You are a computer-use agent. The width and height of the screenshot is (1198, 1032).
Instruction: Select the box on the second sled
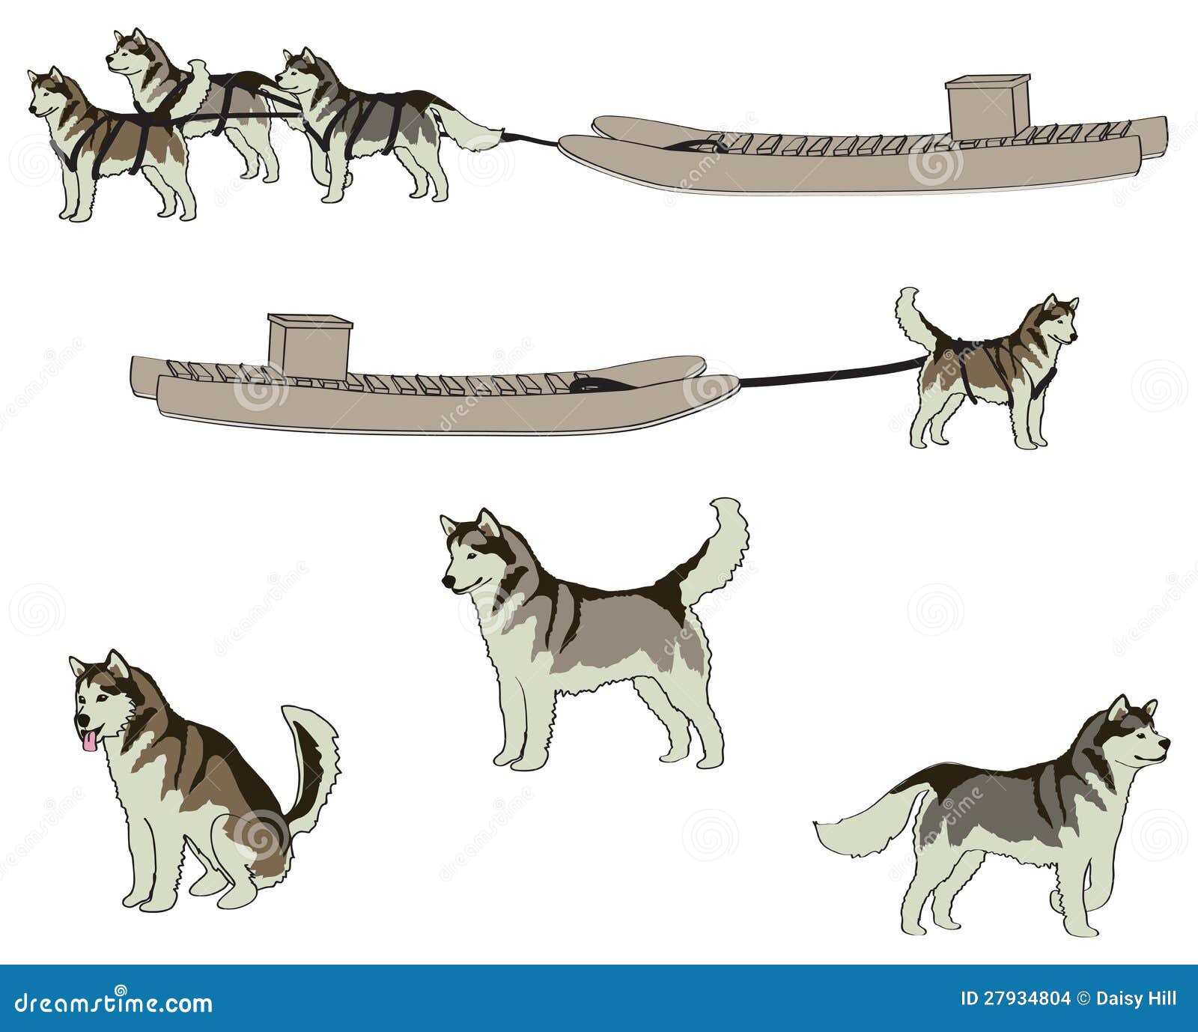pos(309,344)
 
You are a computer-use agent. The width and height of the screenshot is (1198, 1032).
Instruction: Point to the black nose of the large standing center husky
pos(446,582)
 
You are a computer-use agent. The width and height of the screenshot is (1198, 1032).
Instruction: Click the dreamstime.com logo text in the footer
pos(109,1003)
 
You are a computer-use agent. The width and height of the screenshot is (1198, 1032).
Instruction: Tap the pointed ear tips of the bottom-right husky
pos(1134,704)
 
